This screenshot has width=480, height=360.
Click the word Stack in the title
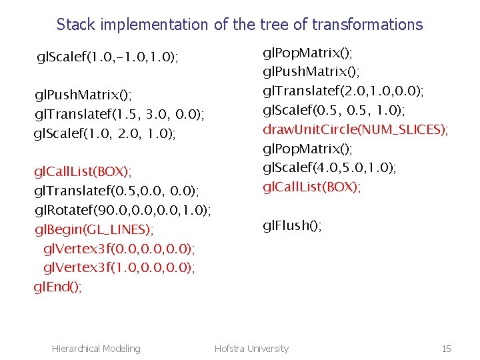coord(76,25)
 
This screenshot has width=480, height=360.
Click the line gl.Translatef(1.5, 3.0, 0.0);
coord(119,115)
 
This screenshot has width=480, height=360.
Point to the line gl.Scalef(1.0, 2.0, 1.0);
coord(105,134)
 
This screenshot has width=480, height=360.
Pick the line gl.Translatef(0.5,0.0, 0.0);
coord(116,191)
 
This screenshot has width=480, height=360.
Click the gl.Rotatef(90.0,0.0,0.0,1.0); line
coord(123,211)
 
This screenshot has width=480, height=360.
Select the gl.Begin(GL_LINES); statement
coord(94,230)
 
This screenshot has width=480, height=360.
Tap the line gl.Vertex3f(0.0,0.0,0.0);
coord(119,249)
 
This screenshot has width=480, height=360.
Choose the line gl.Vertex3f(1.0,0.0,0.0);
coord(119,268)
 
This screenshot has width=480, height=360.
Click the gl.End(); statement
coord(58,287)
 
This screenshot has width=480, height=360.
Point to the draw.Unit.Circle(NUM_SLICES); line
coord(355,129)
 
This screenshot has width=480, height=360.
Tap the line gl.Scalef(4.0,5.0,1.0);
coord(329,167)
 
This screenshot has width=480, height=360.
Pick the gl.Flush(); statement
coord(292,225)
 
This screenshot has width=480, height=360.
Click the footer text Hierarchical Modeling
coord(96,348)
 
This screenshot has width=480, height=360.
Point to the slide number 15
coord(446,348)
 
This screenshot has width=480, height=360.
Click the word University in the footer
coord(269,348)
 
